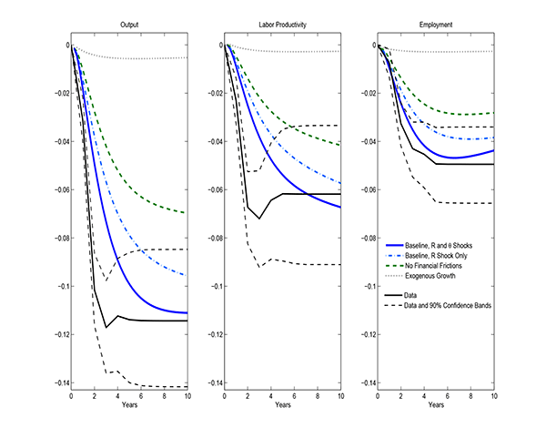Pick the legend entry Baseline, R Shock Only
444,256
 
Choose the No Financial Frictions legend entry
443,266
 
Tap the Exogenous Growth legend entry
439,275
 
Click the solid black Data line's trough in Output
106,327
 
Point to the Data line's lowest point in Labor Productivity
259,219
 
